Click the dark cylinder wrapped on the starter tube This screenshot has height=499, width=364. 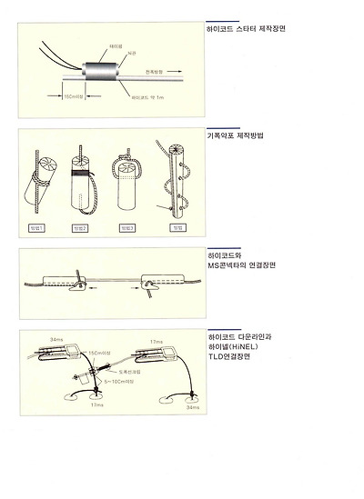click(94, 71)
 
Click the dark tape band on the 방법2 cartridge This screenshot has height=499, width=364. click(81, 172)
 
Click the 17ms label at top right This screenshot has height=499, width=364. click(156, 340)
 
